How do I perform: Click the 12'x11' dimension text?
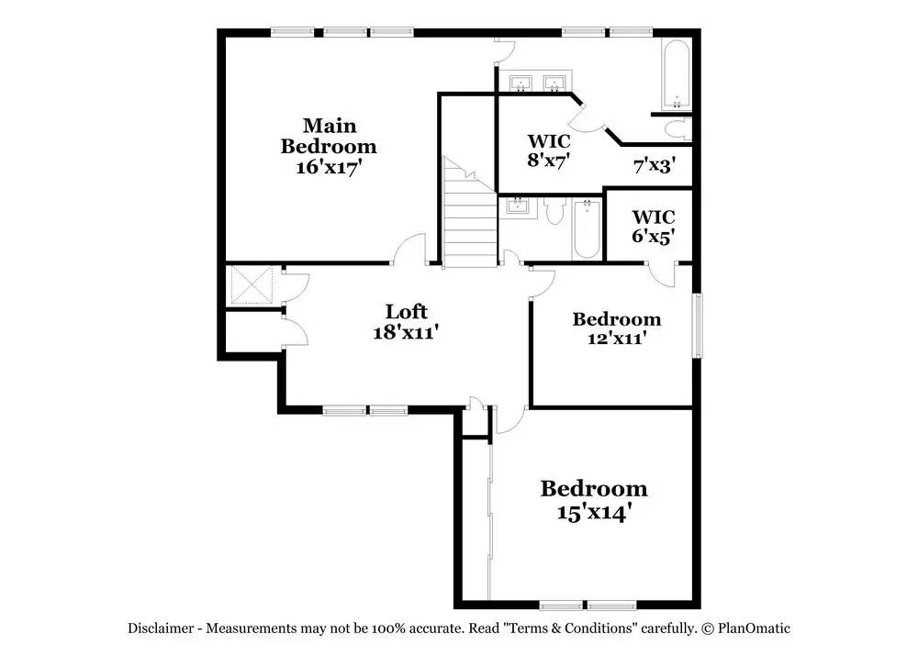617,338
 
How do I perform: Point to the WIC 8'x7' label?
549,150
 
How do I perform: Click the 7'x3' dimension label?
655,166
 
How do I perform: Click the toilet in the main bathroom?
677,129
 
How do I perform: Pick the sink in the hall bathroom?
518,205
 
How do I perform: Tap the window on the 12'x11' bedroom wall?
697,326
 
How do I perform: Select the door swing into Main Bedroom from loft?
410,250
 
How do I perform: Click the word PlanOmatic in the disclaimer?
755,628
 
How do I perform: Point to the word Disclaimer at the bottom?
160,628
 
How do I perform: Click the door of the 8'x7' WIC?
586,117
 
